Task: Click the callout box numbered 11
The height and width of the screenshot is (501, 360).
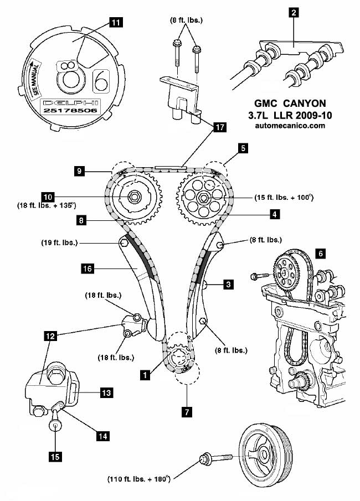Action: tap(116, 23)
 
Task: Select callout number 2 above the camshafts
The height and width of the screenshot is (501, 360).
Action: tap(294, 12)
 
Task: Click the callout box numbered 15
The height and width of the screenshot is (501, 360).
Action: tap(55, 457)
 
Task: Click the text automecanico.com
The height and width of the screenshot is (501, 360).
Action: tap(290, 126)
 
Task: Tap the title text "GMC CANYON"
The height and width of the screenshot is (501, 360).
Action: tap(290, 104)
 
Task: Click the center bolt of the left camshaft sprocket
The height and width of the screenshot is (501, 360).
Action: tap(133, 197)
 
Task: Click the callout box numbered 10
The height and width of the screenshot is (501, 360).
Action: tap(48, 197)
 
